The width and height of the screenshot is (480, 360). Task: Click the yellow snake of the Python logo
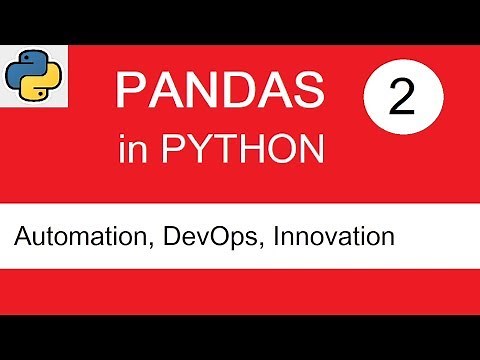tap(36, 84)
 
